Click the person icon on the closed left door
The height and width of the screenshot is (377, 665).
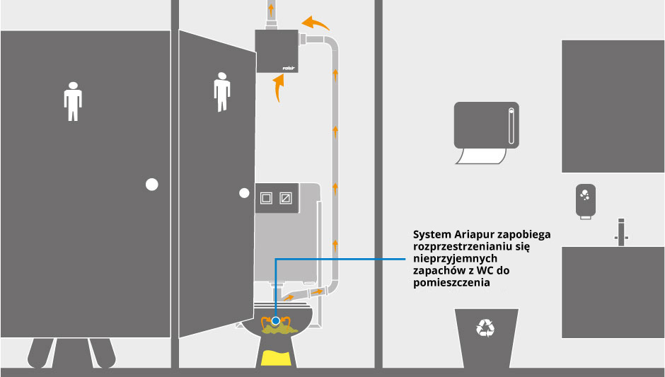pyautogui.click(x=73, y=101)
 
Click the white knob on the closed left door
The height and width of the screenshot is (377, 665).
pyautogui.click(x=151, y=185)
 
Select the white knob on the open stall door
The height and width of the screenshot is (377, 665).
pyautogui.click(x=244, y=192)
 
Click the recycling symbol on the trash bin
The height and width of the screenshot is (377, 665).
pyautogui.click(x=485, y=327)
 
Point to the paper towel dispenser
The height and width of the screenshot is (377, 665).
pyautogui.click(x=487, y=123)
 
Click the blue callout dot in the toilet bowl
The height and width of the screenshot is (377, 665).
pyautogui.click(x=276, y=320)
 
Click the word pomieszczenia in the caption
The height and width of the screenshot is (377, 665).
pyautogui.click(x=451, y=283)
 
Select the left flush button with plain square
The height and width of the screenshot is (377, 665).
pyautogui.click(x=267, y=197)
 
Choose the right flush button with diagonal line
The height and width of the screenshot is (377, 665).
pyautogui.click(x=285, y=197)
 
